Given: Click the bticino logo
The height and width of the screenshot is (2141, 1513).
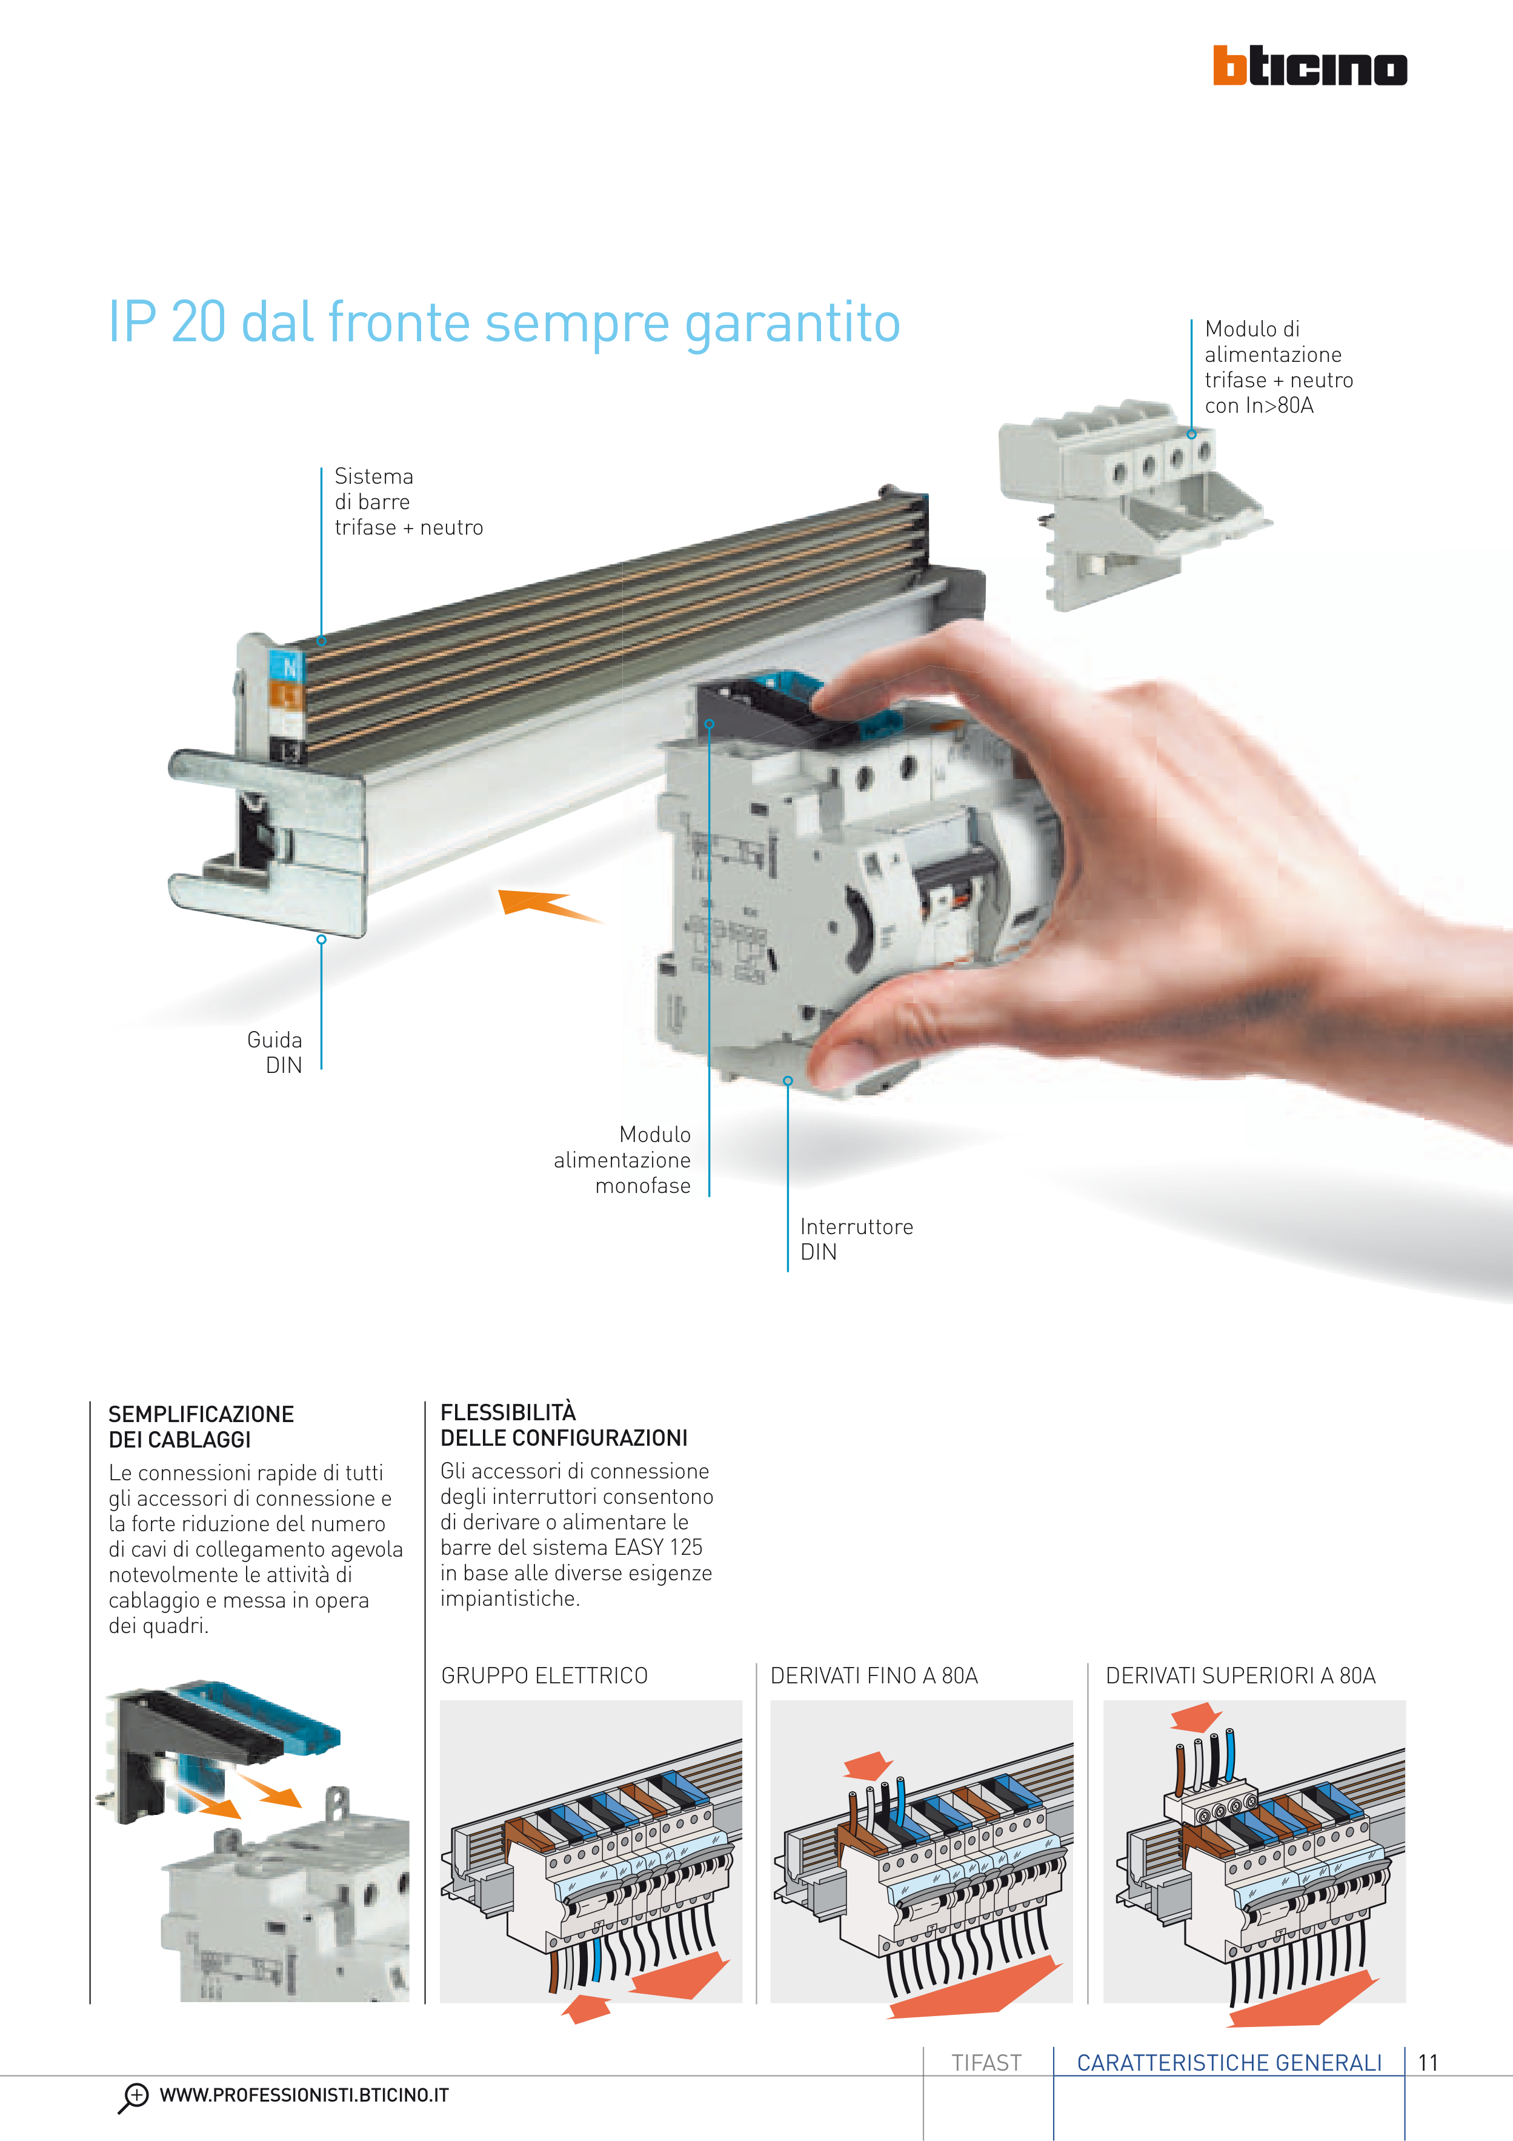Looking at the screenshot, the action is click(1310, 65).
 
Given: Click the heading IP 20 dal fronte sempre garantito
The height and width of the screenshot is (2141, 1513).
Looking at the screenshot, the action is click(504, 322).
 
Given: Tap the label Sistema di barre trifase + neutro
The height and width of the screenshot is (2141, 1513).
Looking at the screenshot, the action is click(408, 502).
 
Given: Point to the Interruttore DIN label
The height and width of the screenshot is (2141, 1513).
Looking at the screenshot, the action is click(856, 1239).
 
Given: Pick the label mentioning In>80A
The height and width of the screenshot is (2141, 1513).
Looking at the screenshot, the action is click(1278, 367).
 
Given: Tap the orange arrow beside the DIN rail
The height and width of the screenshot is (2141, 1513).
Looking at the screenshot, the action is click(548, 904).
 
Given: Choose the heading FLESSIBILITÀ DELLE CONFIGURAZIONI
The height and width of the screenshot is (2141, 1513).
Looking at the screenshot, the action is click(564, 1425).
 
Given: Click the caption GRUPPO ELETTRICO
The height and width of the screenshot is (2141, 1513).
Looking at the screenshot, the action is click(544, 1675).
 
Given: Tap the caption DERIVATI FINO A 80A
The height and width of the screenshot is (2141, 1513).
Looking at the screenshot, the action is click(874, 1675).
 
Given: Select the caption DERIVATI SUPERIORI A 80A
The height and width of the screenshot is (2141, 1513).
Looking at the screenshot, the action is click(1240, 1675).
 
